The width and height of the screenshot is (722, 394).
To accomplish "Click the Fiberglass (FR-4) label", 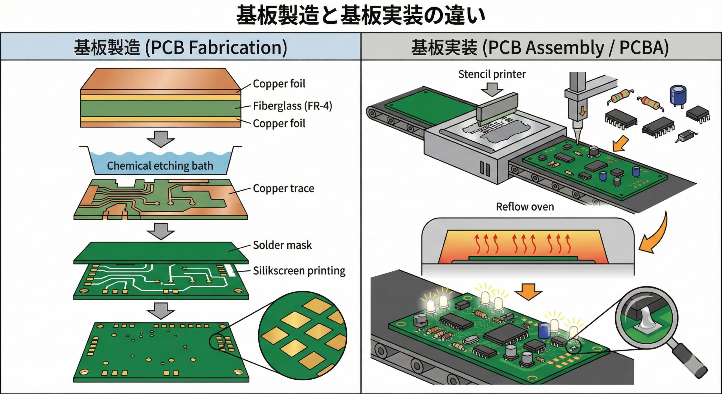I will click(x=292, y=106).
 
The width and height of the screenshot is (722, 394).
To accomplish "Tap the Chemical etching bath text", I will click(x=160, y=166).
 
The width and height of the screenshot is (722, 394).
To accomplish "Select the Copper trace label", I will click(x=283, y=189).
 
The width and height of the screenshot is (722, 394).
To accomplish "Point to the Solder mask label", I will click(x=282, y=245).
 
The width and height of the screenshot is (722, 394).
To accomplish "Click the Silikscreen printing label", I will click(x=299, y=271).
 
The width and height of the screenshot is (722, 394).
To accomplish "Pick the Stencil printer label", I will click(x=492, y=74).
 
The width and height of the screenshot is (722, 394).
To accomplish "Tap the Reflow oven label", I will click(x=525, y=207).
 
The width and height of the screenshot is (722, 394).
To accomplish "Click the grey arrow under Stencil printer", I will click(x=492, y=89).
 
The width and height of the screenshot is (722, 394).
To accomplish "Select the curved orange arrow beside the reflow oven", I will click(x=656, y=234).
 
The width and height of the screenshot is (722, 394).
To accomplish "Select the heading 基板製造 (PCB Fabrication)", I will click(x=180, y=47).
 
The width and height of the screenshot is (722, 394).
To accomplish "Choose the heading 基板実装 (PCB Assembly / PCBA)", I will click(x=540, y=47).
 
